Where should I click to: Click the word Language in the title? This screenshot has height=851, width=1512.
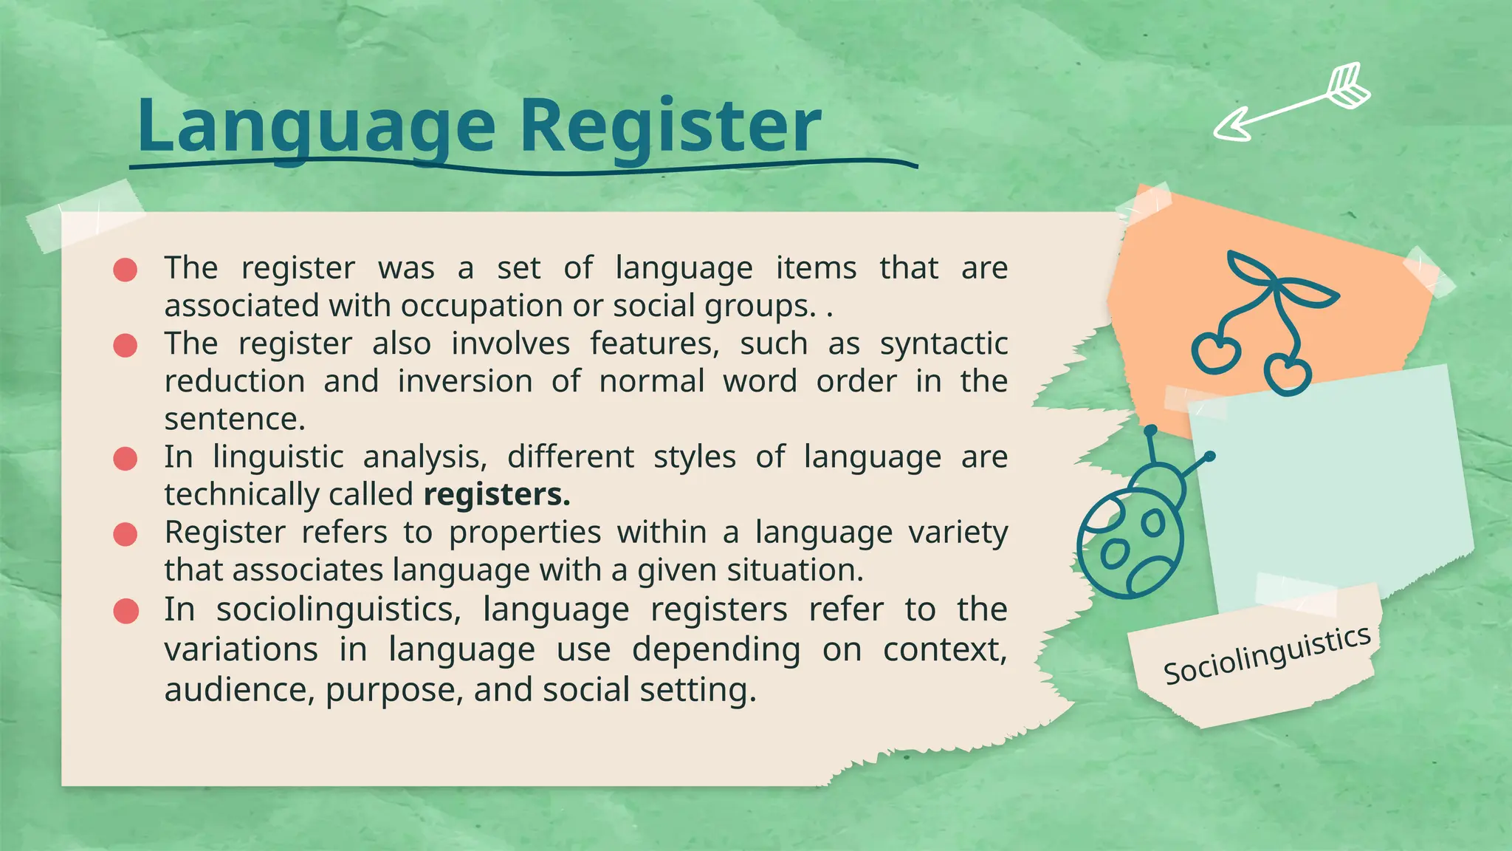coord(316,127)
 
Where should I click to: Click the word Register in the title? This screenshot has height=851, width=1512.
coord(670,127)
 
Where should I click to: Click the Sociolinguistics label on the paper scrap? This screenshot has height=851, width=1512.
coord(1267,655)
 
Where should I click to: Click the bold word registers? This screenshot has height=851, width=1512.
coord(497,495)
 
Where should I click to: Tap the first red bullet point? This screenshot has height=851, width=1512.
coord(126,270)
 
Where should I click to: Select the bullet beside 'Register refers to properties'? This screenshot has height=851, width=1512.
coord(126,534)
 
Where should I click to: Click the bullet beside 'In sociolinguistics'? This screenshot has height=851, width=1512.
coord(126,612)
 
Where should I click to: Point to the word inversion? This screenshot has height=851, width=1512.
coord(465,382)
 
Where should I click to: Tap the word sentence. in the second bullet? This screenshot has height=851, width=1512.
coord(235,420)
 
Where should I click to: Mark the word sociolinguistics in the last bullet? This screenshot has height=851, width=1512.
coord(338,610)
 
